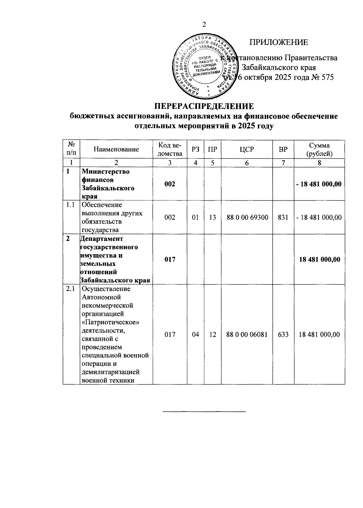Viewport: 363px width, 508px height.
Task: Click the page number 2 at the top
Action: (x=204, y=24)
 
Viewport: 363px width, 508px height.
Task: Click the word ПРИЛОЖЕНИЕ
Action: (x=279, y=42)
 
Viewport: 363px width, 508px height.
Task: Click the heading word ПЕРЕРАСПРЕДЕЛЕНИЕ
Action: (x=204, y=106)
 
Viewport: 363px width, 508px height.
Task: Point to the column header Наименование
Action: (x=116, y=149)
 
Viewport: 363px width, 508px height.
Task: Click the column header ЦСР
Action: (x=247, y=149)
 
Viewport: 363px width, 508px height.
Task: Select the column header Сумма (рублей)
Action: (x=319, y=149)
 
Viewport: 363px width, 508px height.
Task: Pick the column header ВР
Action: (x=283, y=149)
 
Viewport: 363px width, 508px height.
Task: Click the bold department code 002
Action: (x=170, y=184)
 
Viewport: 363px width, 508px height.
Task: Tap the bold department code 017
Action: (x=170, y=259)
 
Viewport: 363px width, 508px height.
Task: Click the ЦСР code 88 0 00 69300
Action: (x=247, y=217)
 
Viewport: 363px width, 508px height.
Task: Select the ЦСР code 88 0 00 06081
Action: (x=247, y=335)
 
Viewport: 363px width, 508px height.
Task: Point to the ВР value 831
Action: (x=283, y=217)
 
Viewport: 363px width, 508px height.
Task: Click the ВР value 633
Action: (x=283, y=335)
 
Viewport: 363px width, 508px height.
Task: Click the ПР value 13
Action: (x=212, y=217)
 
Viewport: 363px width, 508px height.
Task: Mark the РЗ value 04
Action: (x=195, y=335)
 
